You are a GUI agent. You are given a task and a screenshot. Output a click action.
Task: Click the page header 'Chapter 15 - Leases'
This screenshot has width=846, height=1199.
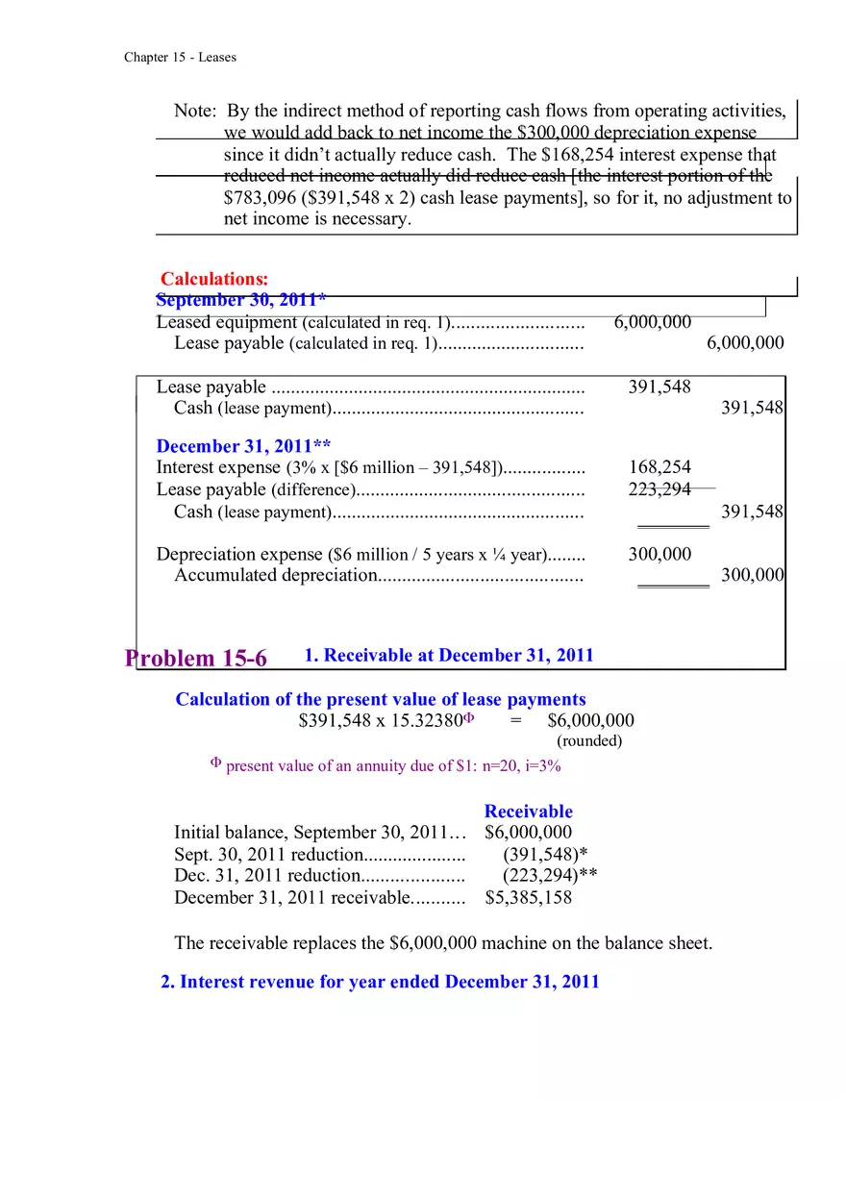pos(180,58)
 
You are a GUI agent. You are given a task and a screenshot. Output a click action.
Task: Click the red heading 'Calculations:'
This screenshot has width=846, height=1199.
pos(214,280)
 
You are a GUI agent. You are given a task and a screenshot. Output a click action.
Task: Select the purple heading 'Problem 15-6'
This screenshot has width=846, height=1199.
pos(196,659)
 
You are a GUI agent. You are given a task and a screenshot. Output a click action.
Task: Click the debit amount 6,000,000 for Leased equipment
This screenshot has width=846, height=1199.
pos(652,322)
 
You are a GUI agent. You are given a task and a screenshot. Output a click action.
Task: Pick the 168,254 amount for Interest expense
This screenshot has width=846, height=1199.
pos(659,467)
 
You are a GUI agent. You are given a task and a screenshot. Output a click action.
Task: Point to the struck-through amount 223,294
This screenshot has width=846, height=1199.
pos(659,489)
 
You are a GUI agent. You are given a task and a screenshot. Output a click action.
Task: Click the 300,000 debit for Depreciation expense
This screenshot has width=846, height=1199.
pos(659,554)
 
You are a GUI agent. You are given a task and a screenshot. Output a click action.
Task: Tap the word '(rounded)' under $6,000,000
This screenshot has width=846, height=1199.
pos(589,741)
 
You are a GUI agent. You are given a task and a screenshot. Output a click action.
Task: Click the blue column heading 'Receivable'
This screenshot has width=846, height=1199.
pos(528,812)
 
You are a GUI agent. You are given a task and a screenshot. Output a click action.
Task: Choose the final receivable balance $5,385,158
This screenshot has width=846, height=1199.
pos(528,898)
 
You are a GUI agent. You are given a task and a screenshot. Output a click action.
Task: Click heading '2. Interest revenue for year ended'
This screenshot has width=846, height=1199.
pos(380,982)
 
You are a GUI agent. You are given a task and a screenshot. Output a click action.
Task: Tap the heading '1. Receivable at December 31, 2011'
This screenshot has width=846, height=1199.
pos(449,656)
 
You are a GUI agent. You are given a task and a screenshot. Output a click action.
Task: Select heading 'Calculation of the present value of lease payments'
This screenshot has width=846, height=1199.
pos(380,700)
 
